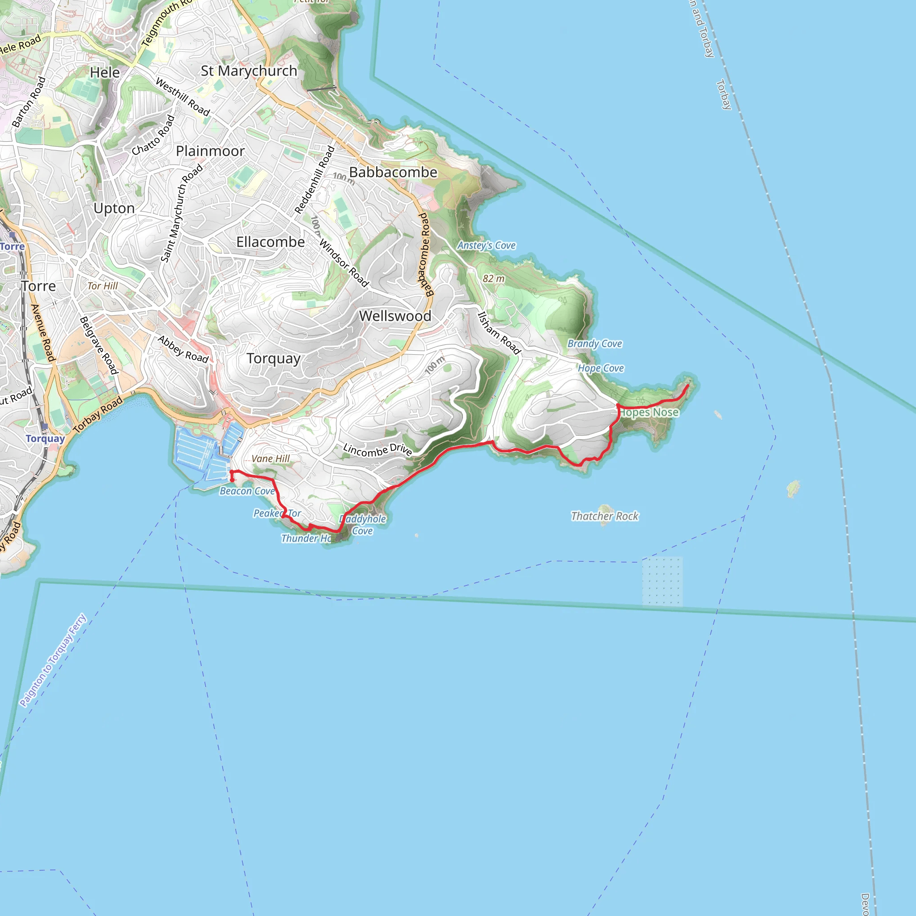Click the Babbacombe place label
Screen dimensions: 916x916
[x=393, y=173]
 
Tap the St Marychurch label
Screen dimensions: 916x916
[x=249, y=71]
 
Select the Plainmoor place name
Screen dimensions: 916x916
[x=210, y=151]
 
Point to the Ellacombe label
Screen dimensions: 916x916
[x=270, y=242]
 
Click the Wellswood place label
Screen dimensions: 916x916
[x=395, y=316]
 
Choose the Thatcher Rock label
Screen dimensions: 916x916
[x=605, y=516]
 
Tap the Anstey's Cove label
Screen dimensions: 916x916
[x=486, y=246]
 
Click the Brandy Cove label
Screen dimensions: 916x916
[x=594, y=344]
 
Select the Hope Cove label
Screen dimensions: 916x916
[x=600, y=369]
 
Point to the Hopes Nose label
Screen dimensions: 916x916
[x=649, y=413]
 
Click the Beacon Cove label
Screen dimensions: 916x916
[x=247, y=491]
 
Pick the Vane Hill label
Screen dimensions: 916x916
[x=270, y=459]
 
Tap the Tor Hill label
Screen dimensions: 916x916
[x=102, y=286]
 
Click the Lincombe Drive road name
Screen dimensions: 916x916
[x=377, y=450]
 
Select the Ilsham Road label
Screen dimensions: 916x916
[x=499, y=333]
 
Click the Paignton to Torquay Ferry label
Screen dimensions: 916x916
[x=53, y=661]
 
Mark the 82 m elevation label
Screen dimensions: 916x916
[x=494, y=279]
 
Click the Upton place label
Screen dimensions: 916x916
[x=114, y=208]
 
